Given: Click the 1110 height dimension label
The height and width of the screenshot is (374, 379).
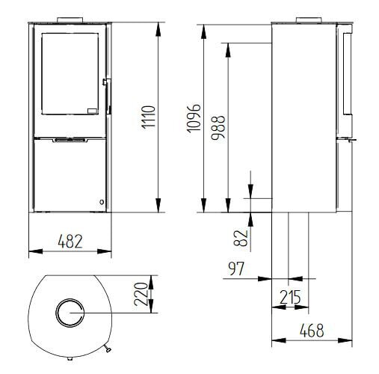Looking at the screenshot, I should coord(148,117).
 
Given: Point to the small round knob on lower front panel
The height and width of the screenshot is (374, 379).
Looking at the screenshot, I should coord(101,200).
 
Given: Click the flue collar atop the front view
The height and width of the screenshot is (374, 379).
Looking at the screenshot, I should coord(70,19).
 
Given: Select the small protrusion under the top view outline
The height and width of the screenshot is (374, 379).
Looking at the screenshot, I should coord(109,348).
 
